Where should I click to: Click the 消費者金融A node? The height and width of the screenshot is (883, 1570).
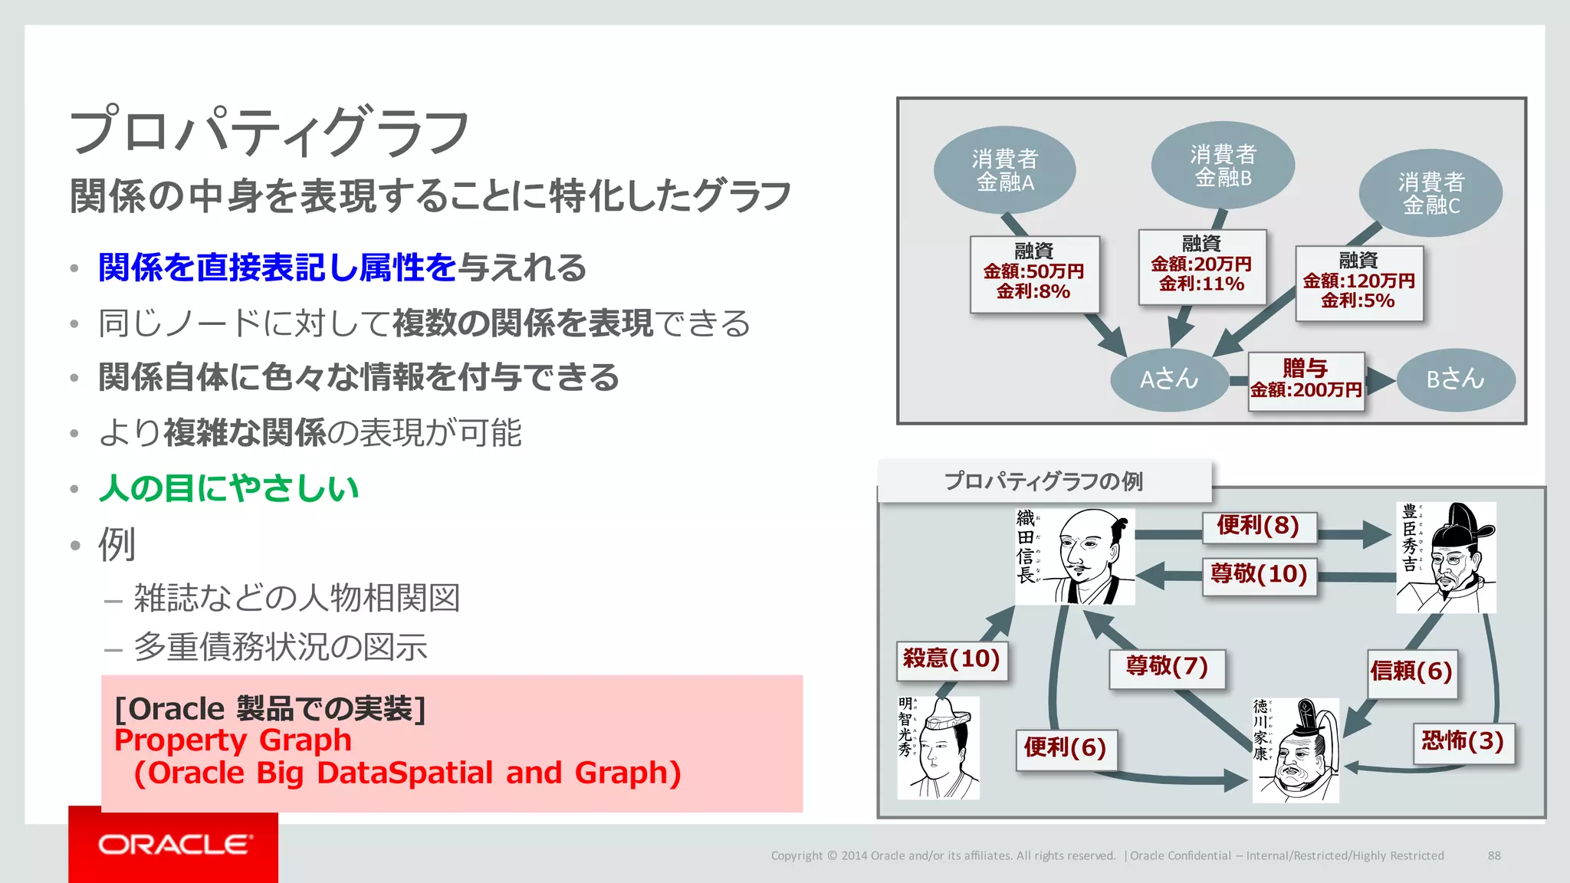point(1004,170)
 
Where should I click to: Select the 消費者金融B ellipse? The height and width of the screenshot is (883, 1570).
point(1223,166)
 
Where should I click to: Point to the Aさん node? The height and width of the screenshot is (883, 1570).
point(1169,379)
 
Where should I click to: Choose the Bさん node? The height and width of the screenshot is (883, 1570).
point(1455,379)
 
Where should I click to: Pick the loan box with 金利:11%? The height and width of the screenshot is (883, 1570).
point(1201,267)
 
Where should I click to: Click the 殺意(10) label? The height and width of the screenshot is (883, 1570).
point(951,659)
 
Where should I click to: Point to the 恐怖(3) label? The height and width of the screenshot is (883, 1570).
point(1463,742)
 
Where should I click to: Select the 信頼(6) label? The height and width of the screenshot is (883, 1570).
point(1411,672)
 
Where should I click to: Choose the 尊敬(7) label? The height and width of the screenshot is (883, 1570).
point(1167,667)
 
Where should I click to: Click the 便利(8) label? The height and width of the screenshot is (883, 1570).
point(1258,527)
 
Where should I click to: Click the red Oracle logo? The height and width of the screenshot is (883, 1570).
point(173,845)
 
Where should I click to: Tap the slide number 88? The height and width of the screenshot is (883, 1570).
point(1494,855)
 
